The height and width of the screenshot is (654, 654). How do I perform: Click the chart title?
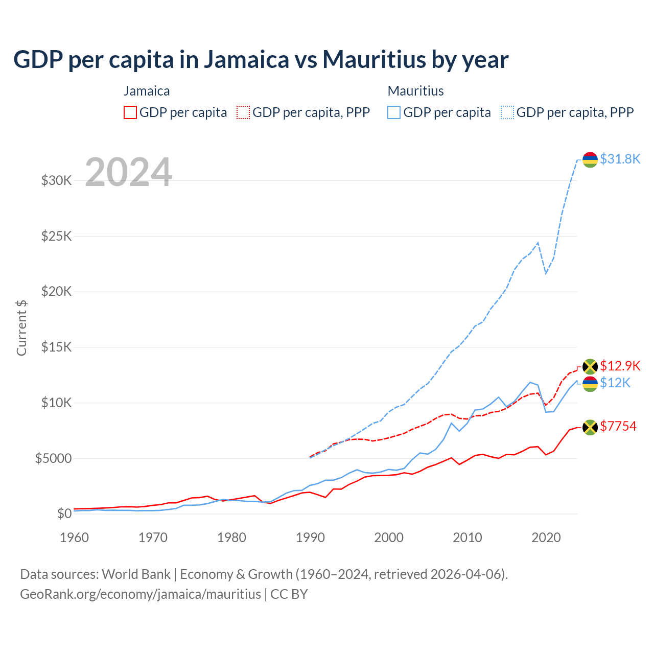click(261, 59)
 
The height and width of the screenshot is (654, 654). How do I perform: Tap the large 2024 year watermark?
click(128, 172)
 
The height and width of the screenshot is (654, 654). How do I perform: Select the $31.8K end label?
click(620, 159)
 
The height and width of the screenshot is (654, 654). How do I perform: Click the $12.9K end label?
click(620, 366)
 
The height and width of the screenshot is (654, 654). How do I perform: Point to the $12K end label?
click(615, 383)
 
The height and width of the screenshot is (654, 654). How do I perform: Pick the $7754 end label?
click(618, 426)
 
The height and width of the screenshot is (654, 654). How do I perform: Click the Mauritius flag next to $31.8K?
click(590, 159)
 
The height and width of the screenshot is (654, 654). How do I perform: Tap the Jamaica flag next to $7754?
click(590, 427)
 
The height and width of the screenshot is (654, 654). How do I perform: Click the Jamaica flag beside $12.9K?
click(590, 366)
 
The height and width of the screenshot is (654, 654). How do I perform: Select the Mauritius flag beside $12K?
click(590, 384)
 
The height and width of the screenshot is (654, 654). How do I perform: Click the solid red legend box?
click(130, 112)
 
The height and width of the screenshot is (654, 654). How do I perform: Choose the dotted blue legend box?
click(507, 112)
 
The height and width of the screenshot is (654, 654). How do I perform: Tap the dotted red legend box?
click(243, 112)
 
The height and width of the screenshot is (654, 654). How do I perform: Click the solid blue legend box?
click(394, 112)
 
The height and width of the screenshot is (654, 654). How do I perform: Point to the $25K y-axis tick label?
click(56, 236)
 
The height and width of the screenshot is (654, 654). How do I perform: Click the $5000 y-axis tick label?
click(53, 458)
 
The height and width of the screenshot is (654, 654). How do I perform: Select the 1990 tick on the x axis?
click(310, 538)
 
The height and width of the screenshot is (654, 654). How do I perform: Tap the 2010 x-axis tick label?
click(468, 538)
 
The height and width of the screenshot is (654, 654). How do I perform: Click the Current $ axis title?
click(21, 328)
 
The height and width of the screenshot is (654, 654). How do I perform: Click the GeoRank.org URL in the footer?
click(141, 594)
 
